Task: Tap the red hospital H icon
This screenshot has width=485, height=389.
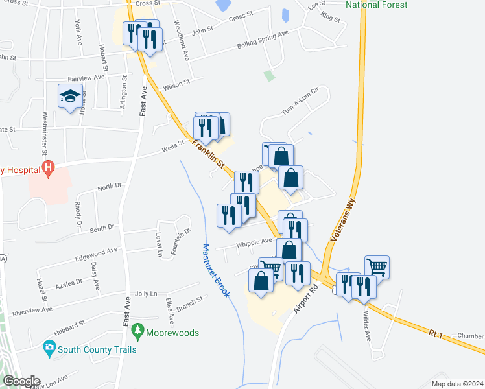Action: (47, 170)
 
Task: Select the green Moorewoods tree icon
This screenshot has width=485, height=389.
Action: (137, 332)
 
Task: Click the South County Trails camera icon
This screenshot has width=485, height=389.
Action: (49, 349)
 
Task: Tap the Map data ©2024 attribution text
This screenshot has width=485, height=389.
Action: (457, 384)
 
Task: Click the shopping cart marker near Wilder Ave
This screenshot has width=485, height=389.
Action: (377, 265)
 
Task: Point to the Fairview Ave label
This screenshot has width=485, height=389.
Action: (89, 77)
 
